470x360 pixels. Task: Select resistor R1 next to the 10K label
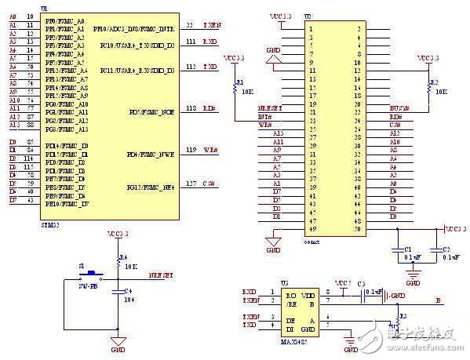tap(234, 88)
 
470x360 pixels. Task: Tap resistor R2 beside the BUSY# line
tap(428, 86)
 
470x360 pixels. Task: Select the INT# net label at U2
tap(265, 116)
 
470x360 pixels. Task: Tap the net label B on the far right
tap(438, 299)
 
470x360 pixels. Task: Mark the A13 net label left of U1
tap(13, 125)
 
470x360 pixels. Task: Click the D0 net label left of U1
tap(12, 142)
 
